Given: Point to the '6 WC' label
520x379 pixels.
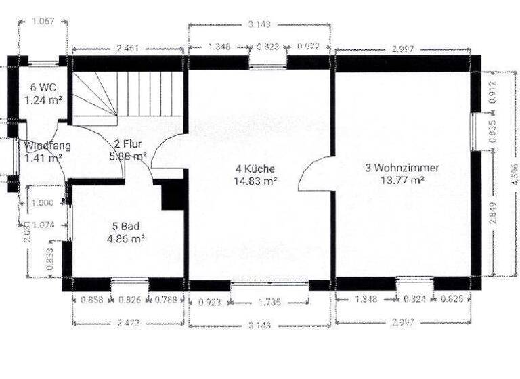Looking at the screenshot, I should pyautogui.click(x=43, y=88).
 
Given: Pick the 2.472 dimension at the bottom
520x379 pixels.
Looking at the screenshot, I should pyautogui.click(x=127, y=324).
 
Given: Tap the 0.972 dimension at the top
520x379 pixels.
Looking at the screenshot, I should pyautogui.click(x=309, y=47).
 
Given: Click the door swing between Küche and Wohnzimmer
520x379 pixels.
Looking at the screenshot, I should pyautogui.click(x=314, y=173).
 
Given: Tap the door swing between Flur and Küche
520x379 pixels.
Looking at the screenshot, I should pyautogui.click(x=165, y=151).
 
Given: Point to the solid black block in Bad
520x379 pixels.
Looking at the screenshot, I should pyautogui.click(x=173, y=195).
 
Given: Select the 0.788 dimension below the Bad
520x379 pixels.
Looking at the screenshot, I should pyautogui.click(x=167, y=300).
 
